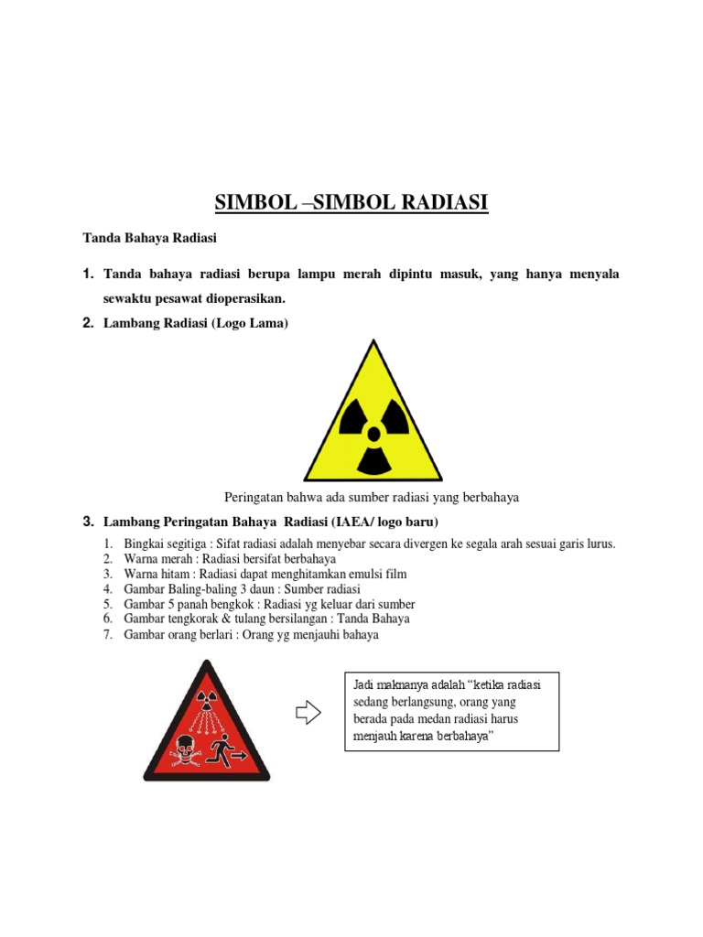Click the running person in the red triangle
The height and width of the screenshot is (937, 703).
221,752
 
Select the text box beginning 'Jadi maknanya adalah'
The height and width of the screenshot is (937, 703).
451,712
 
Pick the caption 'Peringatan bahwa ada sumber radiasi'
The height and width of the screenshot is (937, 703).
372,497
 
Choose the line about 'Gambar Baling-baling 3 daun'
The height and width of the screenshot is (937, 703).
242,588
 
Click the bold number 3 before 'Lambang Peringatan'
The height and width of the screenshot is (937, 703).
88,522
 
